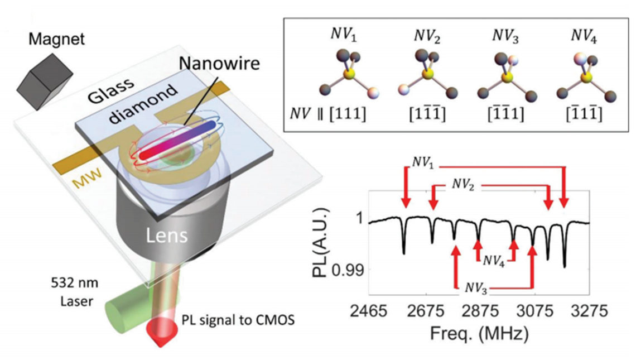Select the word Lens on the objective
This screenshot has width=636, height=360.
167,237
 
